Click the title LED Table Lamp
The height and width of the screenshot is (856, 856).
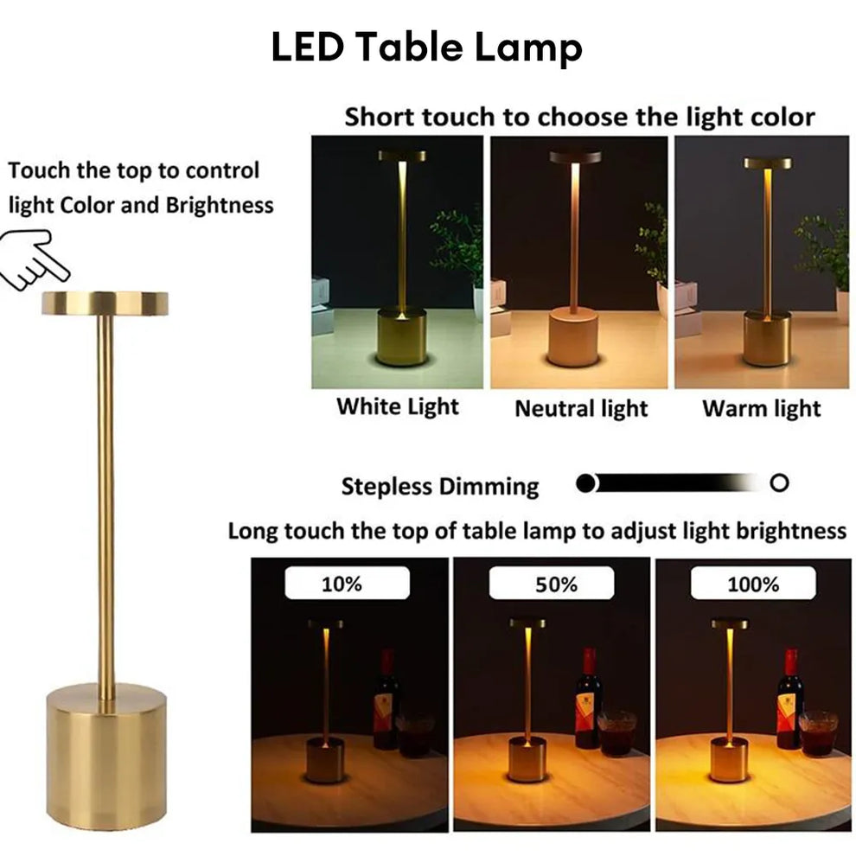tap(426, 48)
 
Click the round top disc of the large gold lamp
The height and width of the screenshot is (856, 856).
tap(105, 303)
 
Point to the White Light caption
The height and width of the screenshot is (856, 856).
tap(397, 406)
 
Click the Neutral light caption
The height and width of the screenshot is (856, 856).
tap(581, 408)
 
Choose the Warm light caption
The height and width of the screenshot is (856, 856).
tap(761, 408)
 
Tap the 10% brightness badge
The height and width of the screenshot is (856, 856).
tap(342, 585)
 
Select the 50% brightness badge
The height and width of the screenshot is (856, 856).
tap(556, 585)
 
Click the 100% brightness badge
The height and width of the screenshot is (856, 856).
tap(753, 585)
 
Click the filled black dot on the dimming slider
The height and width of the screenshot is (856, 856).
tap(586, 483)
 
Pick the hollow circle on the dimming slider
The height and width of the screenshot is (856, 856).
tap(779, 483)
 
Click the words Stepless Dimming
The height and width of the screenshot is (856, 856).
tap(439, 487)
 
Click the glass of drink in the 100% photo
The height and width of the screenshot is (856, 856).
tap(816, 733)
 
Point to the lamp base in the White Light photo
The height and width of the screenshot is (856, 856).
tap(400, 337)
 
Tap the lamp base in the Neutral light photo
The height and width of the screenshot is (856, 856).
tap(572, 337)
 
